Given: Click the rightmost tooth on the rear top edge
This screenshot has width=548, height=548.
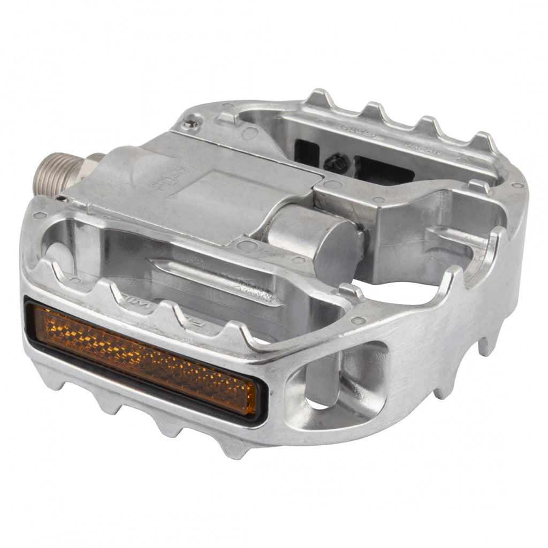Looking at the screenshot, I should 484,141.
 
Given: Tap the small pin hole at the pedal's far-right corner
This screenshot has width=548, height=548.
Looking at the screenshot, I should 517,185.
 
